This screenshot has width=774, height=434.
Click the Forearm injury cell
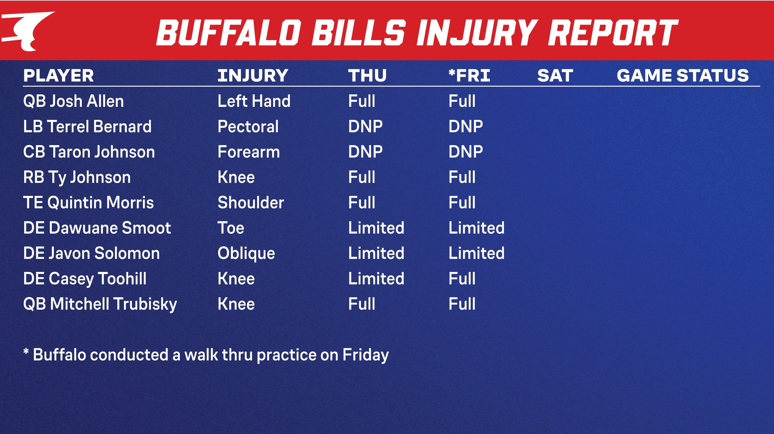point(248,152)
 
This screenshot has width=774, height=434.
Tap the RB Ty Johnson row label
point(77,177)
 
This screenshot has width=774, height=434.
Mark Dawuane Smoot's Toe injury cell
point(231,228)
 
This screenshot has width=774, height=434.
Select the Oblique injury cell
point(246,253)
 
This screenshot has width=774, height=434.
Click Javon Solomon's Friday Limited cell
point(476,253)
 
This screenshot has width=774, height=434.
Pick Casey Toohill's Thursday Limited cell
point(376,279)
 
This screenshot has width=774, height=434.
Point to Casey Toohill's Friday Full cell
point(462,279)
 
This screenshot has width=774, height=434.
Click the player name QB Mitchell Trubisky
point(100,304)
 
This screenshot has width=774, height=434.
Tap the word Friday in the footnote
point(365,355)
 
